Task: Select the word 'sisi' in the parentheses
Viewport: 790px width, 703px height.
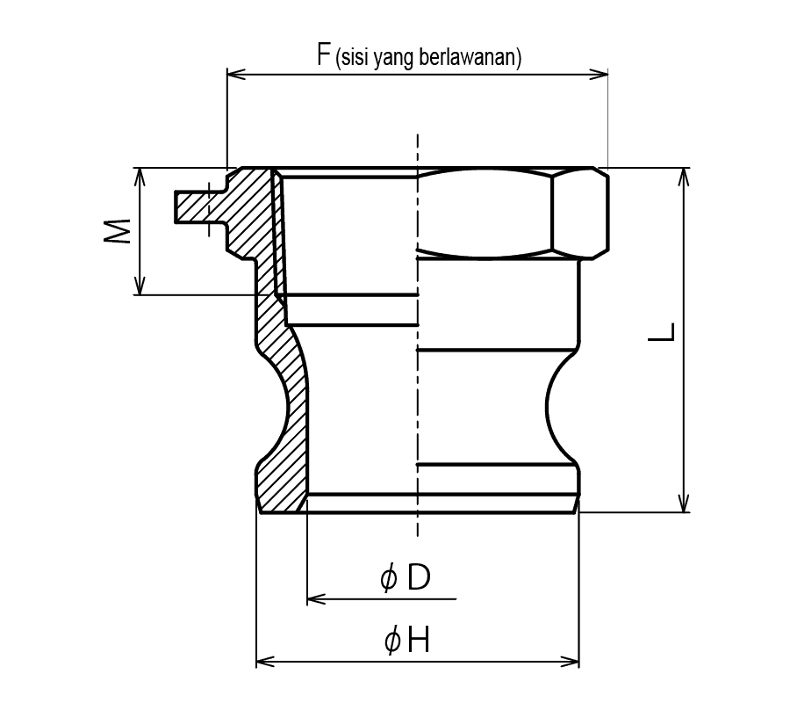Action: (355, 57)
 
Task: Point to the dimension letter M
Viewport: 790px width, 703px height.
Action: (118, 231)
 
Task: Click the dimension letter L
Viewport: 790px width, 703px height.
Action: (661, 331)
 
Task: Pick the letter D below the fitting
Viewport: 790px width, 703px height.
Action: (419, 577)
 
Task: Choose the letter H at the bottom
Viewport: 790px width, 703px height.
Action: (418, 641)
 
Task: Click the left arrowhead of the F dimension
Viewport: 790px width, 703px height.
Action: (236, 75)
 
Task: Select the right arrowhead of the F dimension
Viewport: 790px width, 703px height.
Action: (599, 75)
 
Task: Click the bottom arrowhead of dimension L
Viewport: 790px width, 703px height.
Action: (684, 504)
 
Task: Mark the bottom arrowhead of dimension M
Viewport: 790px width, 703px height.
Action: (140, 286)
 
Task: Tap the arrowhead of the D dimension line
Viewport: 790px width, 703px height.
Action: (316, 599)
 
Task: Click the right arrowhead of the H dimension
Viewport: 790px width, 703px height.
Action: (570, 662)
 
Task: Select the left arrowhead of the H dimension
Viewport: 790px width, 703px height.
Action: (265, 662)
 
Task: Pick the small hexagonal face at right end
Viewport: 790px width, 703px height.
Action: (580, 213)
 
